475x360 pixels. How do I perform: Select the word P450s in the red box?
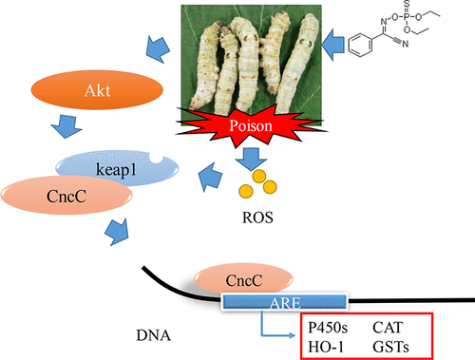(330, 326)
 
